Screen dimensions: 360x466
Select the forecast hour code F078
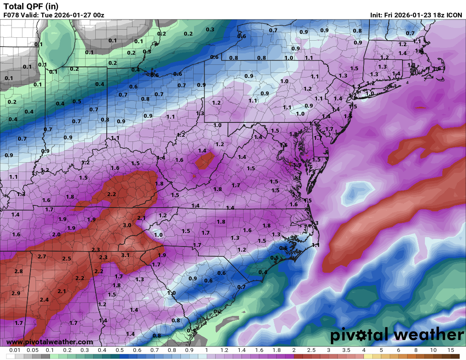click(12, 15)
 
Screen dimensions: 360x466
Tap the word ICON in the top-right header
click(455, 15)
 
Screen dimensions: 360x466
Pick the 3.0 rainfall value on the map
click(127, 225)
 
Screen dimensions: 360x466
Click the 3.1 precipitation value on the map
click(125, 255)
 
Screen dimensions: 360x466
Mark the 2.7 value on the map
click(42, 257)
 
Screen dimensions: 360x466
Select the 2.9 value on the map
click(16, 293)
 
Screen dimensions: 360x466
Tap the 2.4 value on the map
click(44, 300)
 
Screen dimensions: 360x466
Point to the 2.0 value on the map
click(56, 234)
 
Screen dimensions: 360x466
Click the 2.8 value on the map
click(18, 271)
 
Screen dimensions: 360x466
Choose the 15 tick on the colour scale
click(450, 350)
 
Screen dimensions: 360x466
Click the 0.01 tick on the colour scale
click(15, 350)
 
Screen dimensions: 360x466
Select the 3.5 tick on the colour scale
click(346, 350)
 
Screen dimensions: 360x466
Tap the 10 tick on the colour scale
click(433, 350)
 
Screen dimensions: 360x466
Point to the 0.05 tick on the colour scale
click(32, 350)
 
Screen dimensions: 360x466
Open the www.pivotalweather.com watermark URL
click(50, 342)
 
